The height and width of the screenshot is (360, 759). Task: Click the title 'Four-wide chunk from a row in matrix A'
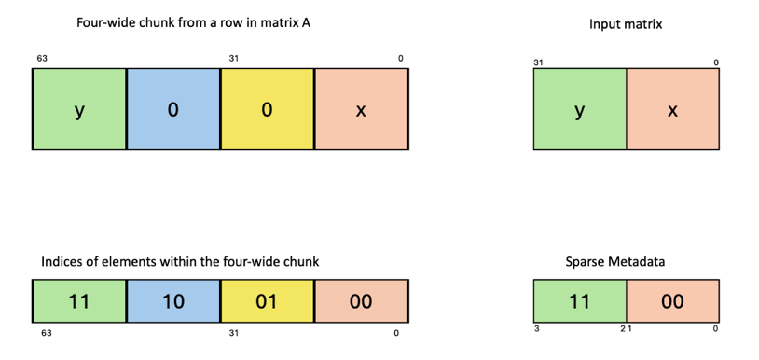pos(193,23)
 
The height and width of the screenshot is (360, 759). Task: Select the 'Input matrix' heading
pos(625,24)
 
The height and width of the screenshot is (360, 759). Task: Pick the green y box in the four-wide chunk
pos(79,110)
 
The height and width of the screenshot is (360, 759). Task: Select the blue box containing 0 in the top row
pos(172,110)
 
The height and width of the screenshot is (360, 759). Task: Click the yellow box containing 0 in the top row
pos(268,110)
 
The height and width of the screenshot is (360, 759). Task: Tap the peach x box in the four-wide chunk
pos(362,110)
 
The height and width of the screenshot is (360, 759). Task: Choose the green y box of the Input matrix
pos(580,111)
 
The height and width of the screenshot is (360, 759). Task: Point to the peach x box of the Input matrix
pos(671,111)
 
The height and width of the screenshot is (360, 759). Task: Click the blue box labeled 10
pos(172,301)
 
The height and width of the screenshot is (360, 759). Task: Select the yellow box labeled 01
pos(268,301)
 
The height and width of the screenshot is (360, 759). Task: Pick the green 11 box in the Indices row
pos(79,301)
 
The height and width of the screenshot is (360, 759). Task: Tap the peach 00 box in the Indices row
pos(362,301)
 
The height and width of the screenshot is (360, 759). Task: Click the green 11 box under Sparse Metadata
pos(580,301)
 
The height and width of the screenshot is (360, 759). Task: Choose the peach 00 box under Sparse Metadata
pos(671,301)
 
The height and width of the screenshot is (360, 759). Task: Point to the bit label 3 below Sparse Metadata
pos(536,329)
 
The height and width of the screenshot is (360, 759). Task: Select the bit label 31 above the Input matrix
pos(538,62)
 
